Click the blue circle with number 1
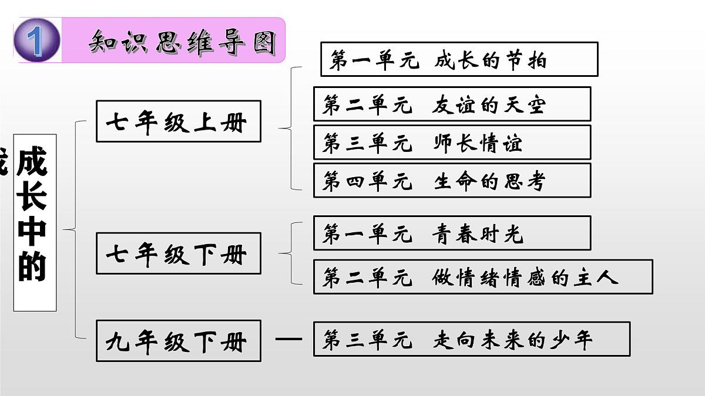(36, 40)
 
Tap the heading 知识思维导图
(182, 42)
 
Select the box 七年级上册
(178, 121)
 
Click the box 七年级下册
(178, 253)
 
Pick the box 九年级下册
(178, 341)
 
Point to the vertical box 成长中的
(35, 222)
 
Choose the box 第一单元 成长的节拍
(459, 59)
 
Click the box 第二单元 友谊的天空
(452, 104)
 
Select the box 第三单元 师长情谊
(452, 143)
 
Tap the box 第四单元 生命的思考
(452, 181)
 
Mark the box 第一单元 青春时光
(452, 233)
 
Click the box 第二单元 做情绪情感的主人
(482, 277)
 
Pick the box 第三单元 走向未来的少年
(471, 339)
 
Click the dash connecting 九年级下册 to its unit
(288, 339)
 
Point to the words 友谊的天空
(489, 105)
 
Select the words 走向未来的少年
(513, 340)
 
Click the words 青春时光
(477, 234)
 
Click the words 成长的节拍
(491, 60)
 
